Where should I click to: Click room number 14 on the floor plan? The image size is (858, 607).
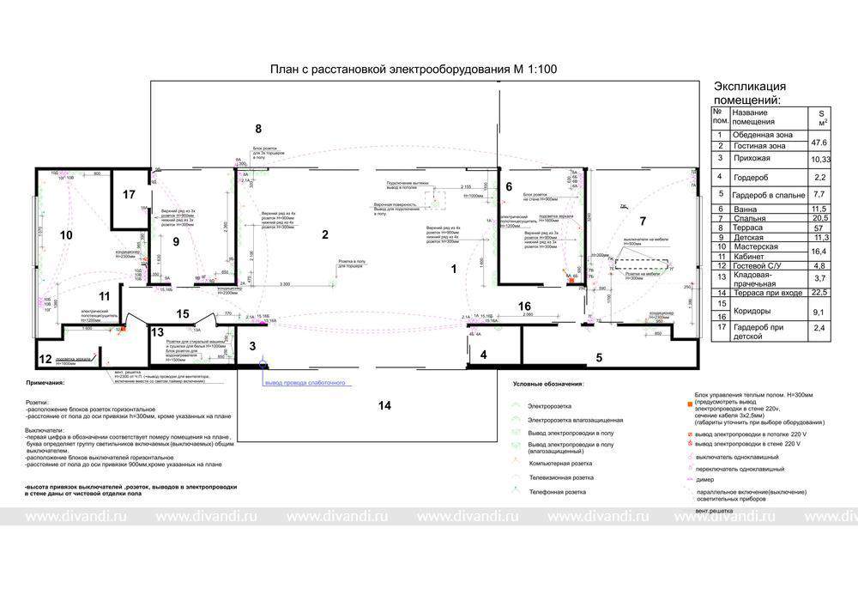(384, 404)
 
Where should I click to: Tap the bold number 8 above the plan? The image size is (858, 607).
(257, 129)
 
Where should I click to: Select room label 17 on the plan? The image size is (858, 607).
(129, 195)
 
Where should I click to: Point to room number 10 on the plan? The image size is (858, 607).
(66, 234)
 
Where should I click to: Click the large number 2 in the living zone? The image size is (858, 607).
(324, 234)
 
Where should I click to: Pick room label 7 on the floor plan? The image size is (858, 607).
(642, 221)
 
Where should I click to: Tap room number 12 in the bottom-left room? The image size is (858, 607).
(45, 359)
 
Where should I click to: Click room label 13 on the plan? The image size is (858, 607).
(157, 331)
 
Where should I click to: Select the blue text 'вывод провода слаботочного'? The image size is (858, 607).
(304, 380)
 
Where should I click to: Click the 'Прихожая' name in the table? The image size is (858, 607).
(752, 158)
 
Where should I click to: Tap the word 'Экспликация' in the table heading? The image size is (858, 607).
(750, 87)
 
